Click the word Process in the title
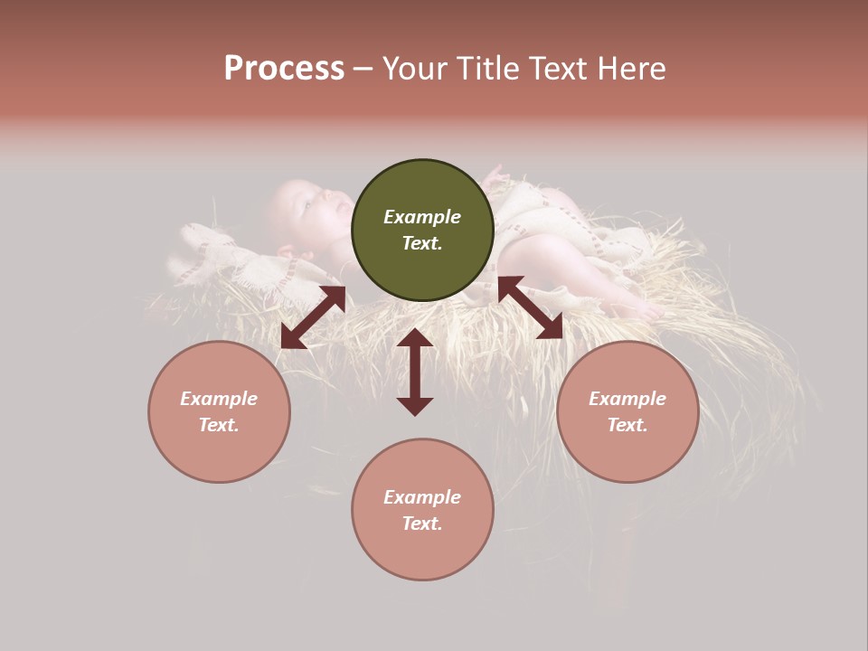tap(284, 69)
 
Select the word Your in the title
tap(416, 69)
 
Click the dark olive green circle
tap(422, 231)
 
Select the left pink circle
tap(219, 411)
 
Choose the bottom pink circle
tap(422, 510)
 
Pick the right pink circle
tap(627, 411)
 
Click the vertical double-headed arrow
tap(415, 372)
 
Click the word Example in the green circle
tap(422, 217)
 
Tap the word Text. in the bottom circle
tap(422, 524)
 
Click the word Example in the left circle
tap(219, 399)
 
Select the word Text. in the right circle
tap(627, 425)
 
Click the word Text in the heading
tap(556, 69)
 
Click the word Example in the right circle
tap(627, 399)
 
